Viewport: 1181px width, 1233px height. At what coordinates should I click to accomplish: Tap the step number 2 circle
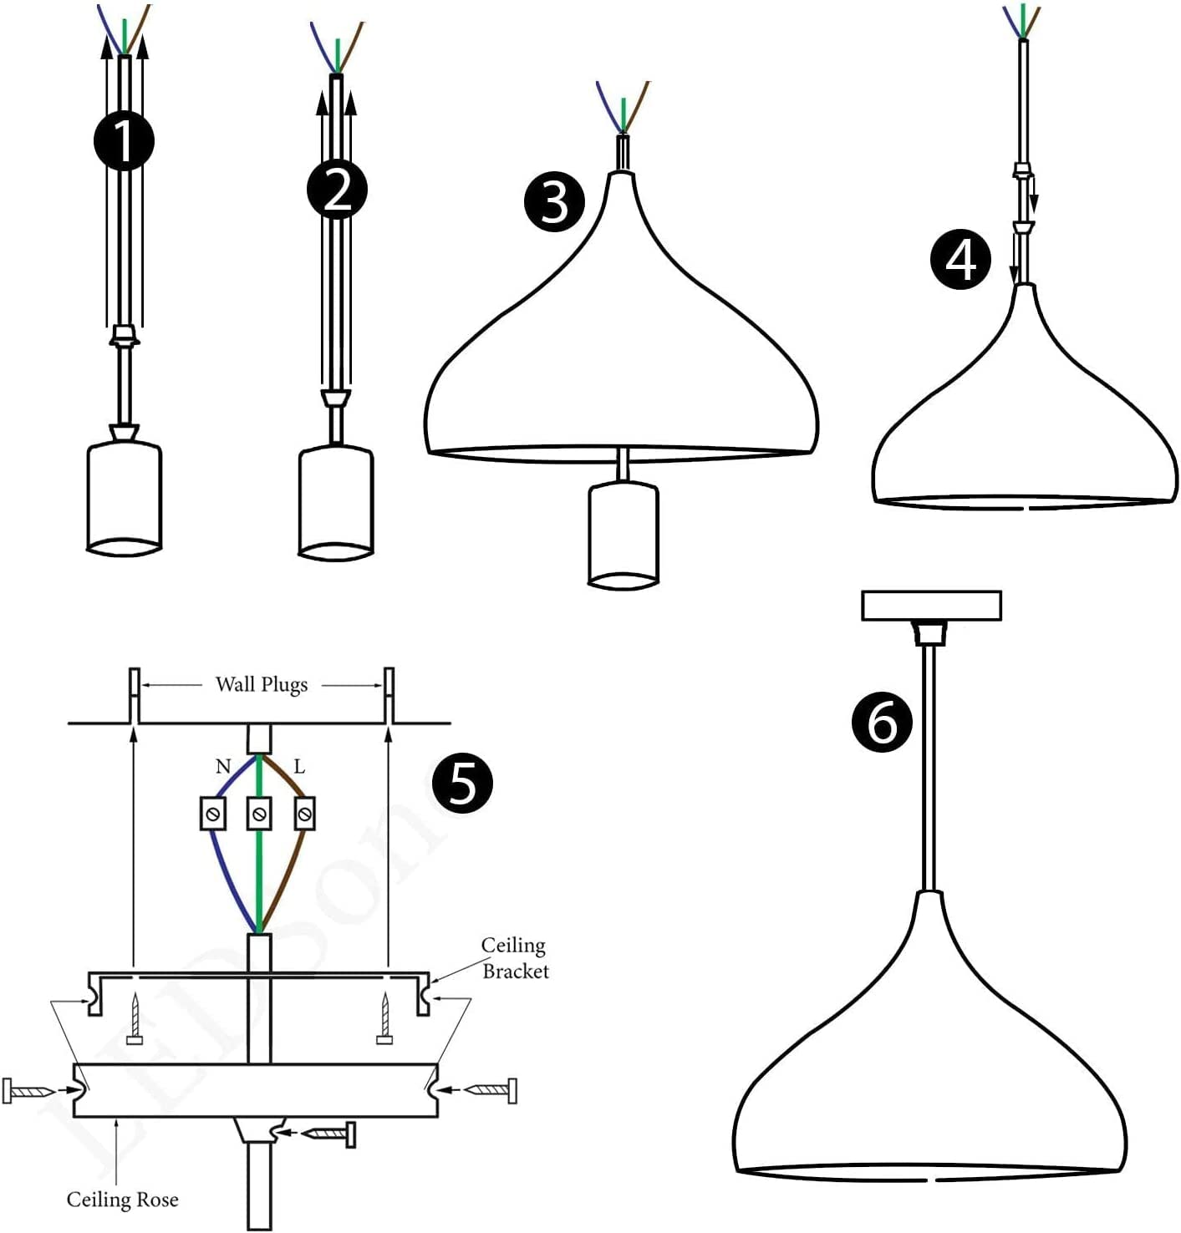[x=337, y=190]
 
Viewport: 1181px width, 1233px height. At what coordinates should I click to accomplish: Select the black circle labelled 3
[x=554, y=202]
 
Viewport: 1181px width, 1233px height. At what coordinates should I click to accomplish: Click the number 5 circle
[x=462, y=783]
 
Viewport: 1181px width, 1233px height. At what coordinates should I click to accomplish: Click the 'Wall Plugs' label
[x=262, y=685]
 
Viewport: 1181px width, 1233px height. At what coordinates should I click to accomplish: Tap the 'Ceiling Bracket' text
[x=514, y=958]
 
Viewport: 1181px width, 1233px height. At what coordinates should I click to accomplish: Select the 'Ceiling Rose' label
[x=122, y=1200]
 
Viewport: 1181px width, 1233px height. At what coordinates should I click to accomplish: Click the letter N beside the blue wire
[x=222, y=767]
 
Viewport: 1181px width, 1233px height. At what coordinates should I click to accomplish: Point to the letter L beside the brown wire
[x=299, y=767]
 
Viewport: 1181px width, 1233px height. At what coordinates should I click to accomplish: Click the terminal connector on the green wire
[x=259, y=813]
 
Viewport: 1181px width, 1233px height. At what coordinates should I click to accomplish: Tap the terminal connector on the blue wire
[x=214, y=813]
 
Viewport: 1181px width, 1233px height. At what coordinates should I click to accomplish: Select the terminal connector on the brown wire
[x=305, y=813]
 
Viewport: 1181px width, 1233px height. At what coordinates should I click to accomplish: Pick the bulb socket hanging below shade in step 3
[x=624, y=535]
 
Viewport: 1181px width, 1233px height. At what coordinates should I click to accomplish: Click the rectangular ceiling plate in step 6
[x=931, y=606]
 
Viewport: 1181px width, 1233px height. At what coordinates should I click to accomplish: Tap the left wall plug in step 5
[x=134, y=695]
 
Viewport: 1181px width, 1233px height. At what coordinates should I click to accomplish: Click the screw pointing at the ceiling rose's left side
[x=29, y=1091]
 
